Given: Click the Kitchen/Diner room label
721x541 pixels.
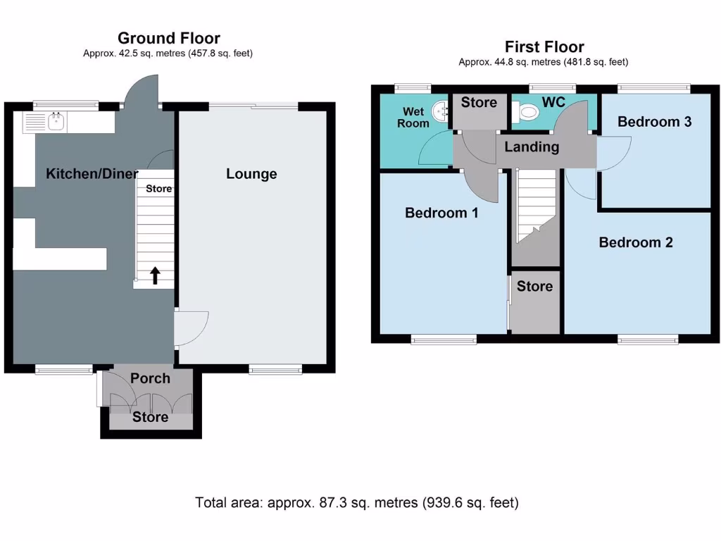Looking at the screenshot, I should [x=92, y=174].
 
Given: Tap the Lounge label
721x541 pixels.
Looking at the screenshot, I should [x=251, y=174].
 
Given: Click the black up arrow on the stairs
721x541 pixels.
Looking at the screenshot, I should [x=154, y=275].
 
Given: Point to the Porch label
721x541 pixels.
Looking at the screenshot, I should [x=150, y=378].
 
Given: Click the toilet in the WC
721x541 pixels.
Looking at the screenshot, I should [x=527, y=111].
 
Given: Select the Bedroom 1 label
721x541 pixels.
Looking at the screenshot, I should [x=441, y=213].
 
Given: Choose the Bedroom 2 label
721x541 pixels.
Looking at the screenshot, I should [x=635, y=242].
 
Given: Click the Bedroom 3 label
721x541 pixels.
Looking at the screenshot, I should [x=654, y=122].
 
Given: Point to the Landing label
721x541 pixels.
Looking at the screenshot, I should [x=532, y=147].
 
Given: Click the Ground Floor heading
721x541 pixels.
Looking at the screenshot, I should [x=168, y=38].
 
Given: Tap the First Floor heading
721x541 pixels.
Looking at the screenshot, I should [x=544, y=47].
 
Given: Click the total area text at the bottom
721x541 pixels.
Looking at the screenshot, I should [x=356, y=503].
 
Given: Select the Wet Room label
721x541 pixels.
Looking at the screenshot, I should [x=413, y=118].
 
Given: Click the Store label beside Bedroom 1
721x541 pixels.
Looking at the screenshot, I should [x=534, y=287].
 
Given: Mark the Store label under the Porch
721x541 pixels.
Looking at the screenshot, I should [x=150, y=417].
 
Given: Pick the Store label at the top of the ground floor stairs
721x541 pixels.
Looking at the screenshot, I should [x=158, y=189].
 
